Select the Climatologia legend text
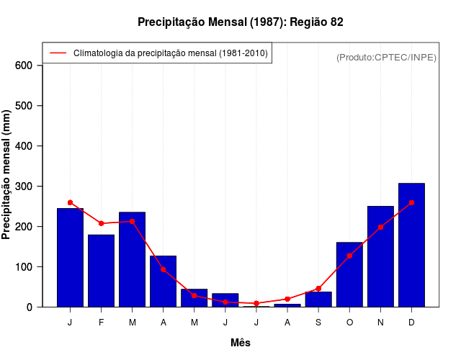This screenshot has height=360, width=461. [x=170, y=53]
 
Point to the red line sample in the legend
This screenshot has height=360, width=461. [x=58, y=53]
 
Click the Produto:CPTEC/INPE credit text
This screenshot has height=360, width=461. [x=386, y=57]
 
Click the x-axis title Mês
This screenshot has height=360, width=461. [x=241, y=343]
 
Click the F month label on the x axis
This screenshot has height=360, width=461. [x=101, y=323]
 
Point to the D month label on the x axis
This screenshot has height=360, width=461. [x=411, y=323]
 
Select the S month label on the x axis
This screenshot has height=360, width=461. [x=318, y=323]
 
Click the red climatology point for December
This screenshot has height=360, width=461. [x=411, y=203]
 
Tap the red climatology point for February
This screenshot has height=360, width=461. [x=101, y=223]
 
